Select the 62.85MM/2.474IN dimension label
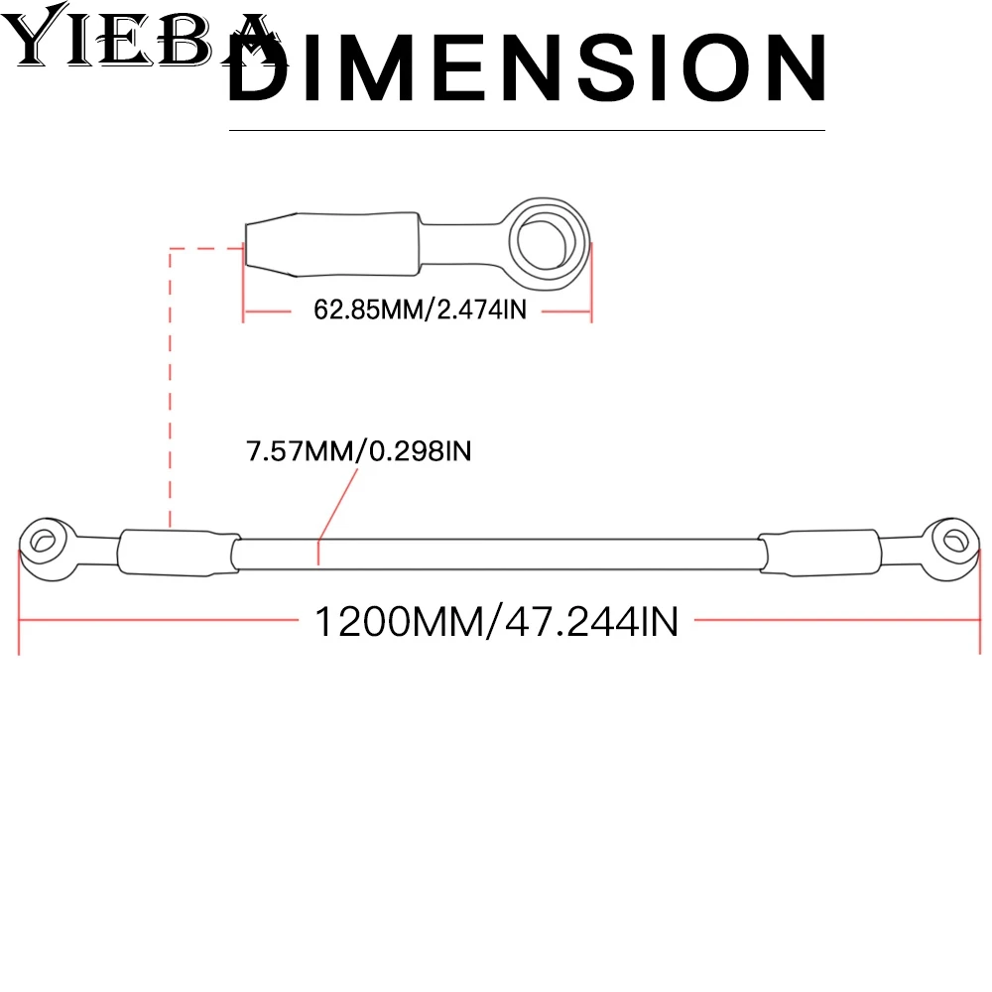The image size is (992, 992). pyautogui.click(x=420, y=310)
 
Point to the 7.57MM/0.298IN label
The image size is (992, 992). pyautogui.click(x=359, y=451)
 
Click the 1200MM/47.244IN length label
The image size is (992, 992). pyautogui.click(x=497, y=621)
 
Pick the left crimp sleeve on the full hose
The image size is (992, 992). pyautogui.click(x=180, y=553)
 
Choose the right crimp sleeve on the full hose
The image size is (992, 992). pyautogui.click(x=820, y=553)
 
